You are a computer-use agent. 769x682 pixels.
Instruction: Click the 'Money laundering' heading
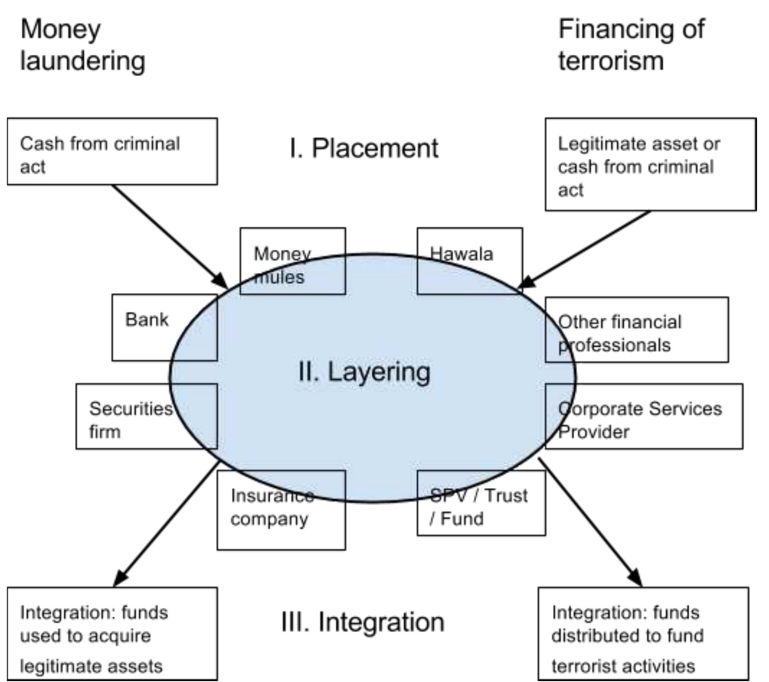pyautogui.click(x=83, y=45)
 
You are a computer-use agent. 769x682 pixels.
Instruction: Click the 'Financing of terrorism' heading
pyautogui.click(x=631, y=45)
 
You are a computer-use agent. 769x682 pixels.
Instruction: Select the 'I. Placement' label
pyautogui.click(x=364, y=148)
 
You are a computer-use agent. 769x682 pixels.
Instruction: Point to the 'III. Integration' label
pyautogui.click(x=363, y=622)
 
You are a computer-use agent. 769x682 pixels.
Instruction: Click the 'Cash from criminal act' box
pyautogui.click(x=112, y=152)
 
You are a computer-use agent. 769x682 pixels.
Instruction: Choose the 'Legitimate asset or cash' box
pyautogui.click(x=650, y=165)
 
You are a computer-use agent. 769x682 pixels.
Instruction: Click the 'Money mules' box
pyautogui.click(x=292, y=261)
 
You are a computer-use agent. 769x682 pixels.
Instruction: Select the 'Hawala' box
pyautogui.click(x=469, y=261)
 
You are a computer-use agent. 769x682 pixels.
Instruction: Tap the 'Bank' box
pyautogui.click(x=164, y=327)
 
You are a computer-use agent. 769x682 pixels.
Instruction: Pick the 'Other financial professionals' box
pyautogui.click(x=636, y=329)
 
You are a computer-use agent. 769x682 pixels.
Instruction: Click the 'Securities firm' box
pyautogui.click(x=146, y=416)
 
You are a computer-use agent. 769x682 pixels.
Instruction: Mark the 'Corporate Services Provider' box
pyautogui.click(x=643, y=416)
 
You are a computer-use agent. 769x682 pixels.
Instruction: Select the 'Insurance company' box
pyautogui.click(x=281, y=510)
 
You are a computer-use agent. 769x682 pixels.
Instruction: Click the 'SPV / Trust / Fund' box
pyautogui.click(x=481, y=503)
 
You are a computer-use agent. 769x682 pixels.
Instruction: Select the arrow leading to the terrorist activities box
pyautogui.click(x=589, y=521)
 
